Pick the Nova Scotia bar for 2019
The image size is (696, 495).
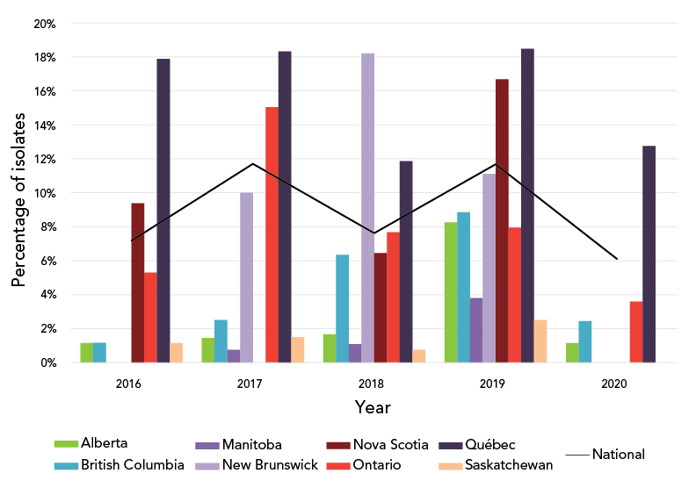(x=502, y=220)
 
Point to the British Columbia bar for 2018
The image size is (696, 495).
(x=343, y=308)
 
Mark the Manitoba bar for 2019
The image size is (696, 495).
(x=476, y=330)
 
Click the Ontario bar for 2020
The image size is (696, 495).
(x=636, y=332)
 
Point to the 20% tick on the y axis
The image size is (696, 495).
(x=45, y=24)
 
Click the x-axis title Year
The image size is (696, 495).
(x=373, y=408)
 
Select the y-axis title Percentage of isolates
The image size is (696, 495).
(x=19, y=193)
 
